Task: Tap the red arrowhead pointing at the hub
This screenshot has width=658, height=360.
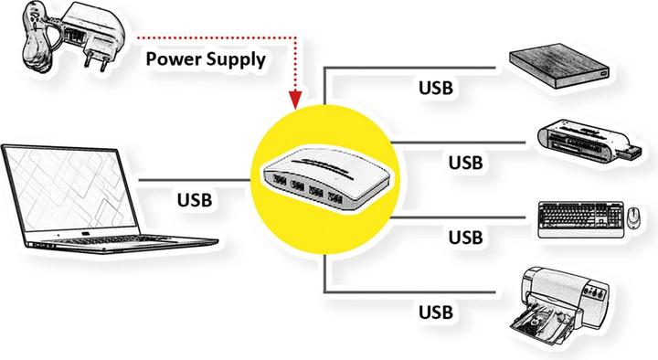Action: coord(294,98)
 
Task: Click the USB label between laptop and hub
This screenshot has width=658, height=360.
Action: coord(196,197)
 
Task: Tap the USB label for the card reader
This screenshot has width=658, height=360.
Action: coord(465,162)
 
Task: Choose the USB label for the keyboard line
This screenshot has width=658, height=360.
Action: coord(465,238)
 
